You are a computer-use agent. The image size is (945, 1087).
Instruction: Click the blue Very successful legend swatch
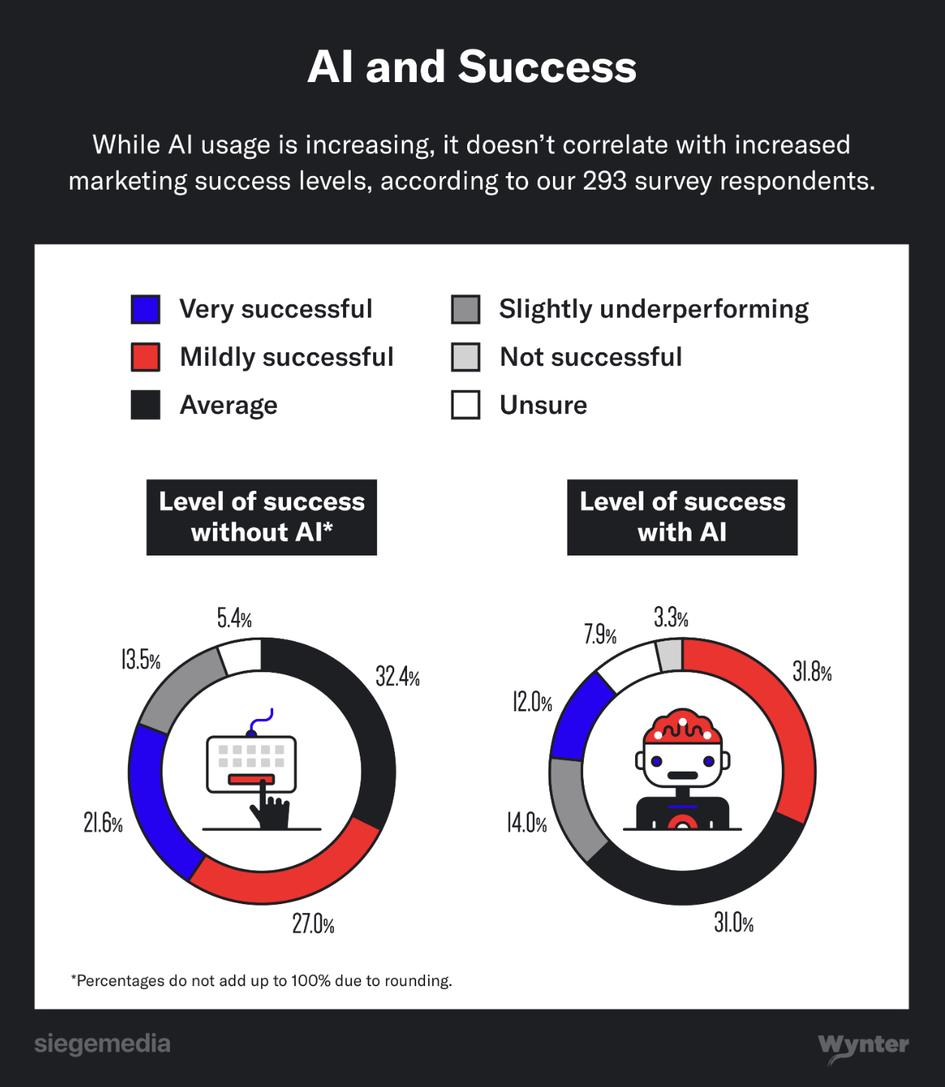145,309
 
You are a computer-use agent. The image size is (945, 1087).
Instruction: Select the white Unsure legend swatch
466,405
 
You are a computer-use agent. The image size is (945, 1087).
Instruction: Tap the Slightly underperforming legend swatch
466,309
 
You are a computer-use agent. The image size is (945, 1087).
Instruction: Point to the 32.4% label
397,677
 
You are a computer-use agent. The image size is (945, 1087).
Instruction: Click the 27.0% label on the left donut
313,924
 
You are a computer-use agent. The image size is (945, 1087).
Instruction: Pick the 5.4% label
234,619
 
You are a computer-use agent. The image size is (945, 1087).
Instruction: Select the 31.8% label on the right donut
812,671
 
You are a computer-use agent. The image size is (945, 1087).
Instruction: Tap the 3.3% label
670,618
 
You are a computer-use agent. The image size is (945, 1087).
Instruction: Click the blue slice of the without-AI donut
154,798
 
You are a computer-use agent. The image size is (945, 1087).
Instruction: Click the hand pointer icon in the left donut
269,810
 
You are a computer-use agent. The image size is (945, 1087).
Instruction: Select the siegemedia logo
102,1044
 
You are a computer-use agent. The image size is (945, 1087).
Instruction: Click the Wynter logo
863,1046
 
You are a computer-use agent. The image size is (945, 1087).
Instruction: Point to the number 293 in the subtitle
604,181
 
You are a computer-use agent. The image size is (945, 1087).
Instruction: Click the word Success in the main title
547,67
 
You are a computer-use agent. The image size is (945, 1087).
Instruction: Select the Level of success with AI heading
682,517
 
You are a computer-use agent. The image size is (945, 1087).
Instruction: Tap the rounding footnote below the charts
261,981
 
